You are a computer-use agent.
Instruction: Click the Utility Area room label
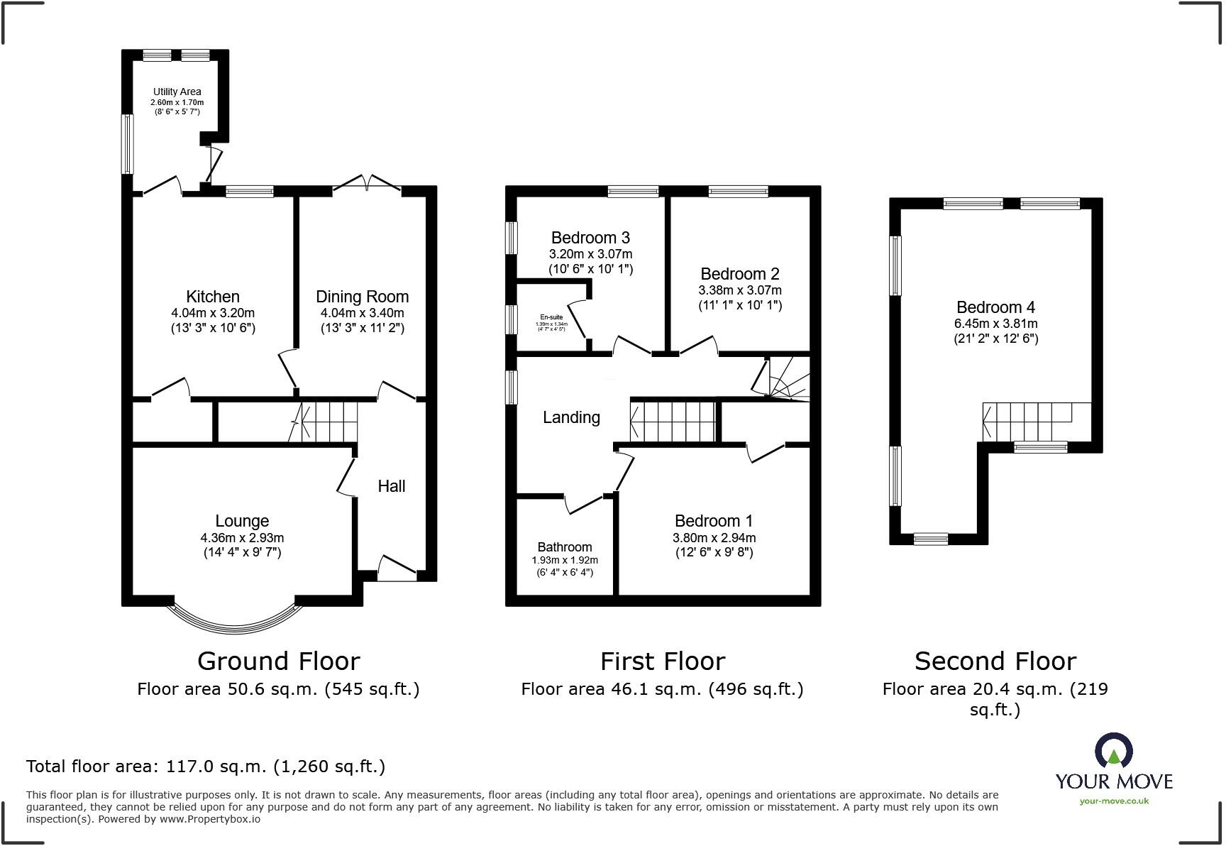coord(177,92)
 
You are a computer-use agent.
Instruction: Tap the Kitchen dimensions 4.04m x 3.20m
coord(212,313)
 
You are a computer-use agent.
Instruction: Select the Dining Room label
coord(362,297)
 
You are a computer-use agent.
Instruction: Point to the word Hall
coord(391,486)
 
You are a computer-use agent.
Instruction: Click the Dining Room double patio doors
coord(366,184)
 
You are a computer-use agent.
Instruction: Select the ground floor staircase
coord(326,422)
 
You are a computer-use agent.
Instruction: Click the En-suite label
coord(551,317)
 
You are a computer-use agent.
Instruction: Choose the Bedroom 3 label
coord(590,238)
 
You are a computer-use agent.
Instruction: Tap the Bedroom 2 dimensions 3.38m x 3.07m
coord(739,290)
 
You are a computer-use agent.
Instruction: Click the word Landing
coord(571,417)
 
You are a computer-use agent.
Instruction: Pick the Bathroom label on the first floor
coord(564,547)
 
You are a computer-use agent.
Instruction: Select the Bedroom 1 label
coord(713,521)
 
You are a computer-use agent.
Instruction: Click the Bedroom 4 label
coord(995,307)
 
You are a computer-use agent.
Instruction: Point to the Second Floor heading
coord(995,661)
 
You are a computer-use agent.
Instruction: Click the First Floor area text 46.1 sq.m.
coord(661,689)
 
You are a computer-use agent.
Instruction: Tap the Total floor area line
coord(206,767)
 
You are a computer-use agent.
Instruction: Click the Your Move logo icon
coord(1113,751)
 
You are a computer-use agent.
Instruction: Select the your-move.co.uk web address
coord(1113,801)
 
